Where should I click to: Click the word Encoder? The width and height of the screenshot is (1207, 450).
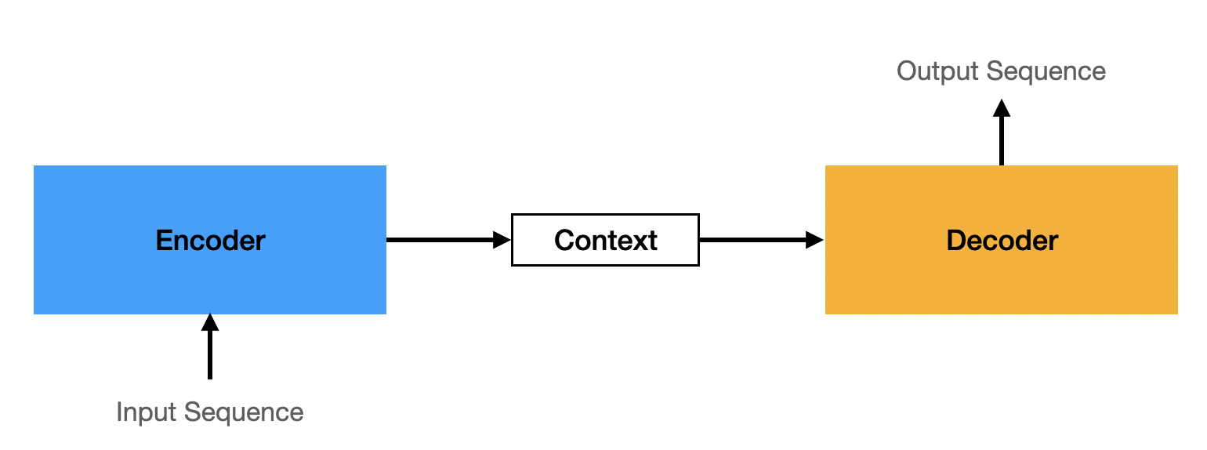pyautogui.click(x=210, y=240)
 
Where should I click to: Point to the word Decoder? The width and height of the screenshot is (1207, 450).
pyautogui.click(x=1002, y=240)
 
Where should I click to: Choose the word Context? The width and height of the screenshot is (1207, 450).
pyautogui.click(x=605, y=240)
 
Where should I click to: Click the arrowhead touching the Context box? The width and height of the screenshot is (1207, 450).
pyautogui.click(x=502, y=240)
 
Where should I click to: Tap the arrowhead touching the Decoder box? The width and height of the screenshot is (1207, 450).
pyautogui.click(x=816, y=240)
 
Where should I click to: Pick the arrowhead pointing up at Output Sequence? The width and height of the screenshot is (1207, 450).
pyautogui.click(x=1001, y=107)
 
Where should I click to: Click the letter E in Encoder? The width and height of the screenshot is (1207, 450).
pyautogui.click(x=163, y=240)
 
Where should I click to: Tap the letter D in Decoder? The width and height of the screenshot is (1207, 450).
pyautogui.click(x=955, y=240)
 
